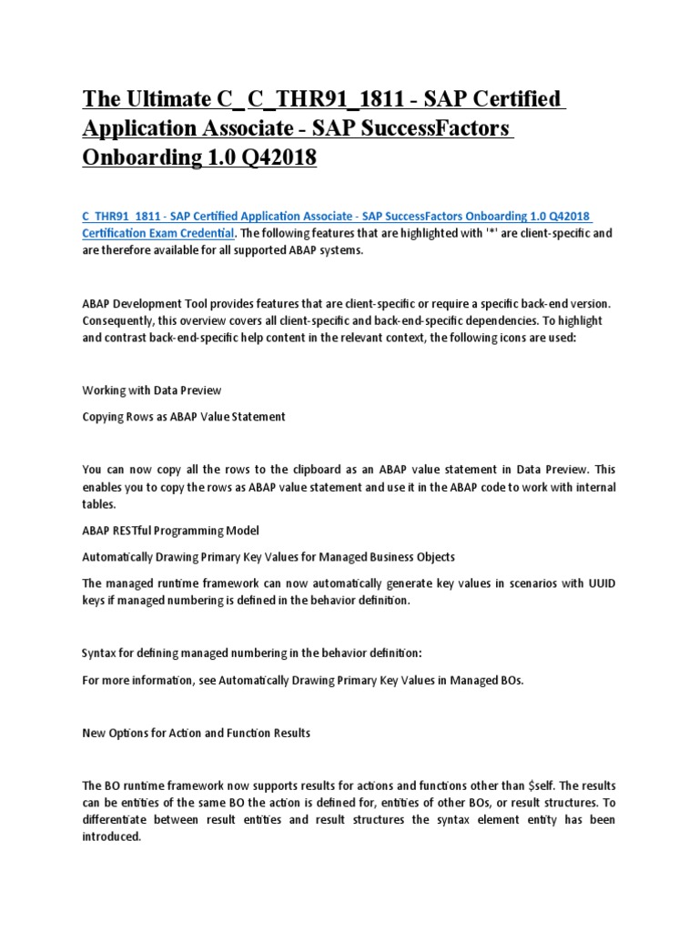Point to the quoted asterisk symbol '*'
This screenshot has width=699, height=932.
coord(495,233)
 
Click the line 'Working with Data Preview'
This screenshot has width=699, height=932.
coord(152,390)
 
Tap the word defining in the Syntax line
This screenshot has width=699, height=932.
coord(150,654)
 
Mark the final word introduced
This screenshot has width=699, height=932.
coord(111,837)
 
